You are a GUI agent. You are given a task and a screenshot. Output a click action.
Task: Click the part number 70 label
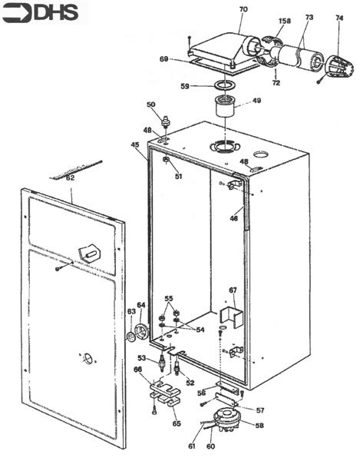pos(243,10)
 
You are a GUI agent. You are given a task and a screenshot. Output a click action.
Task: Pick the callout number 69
pos(163,58)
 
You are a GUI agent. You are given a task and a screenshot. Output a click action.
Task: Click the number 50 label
pos(150,104)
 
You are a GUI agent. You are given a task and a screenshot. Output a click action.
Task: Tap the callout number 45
pos(135,144)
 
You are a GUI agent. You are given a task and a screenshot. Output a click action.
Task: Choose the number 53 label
pos(141,358)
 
